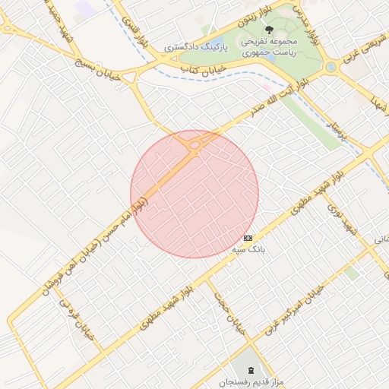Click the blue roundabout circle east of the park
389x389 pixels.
pyautogui.click(x=330, y=67)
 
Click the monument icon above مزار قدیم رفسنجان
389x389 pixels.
pyautogui.click(x=251, y=369)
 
